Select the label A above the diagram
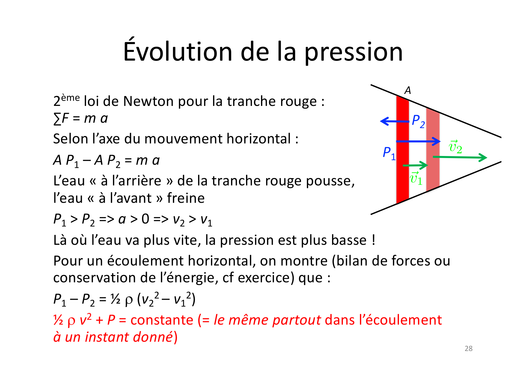click(x=408, y=90)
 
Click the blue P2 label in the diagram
click(x=418, y=121)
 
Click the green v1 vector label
click(x=416, y=178)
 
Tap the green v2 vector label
click(x=455, y=147)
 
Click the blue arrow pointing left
click(x=394, y=121)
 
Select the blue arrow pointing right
click(x=418, y=141)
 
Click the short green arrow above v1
click(x=415, y=165)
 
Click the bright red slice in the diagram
click(x=403, y=149)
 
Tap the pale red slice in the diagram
click(x=433, y=149)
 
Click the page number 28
click(x=468, y=349)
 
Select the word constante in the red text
click(x=162, y=320)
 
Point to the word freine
click(x=186, y=198)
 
